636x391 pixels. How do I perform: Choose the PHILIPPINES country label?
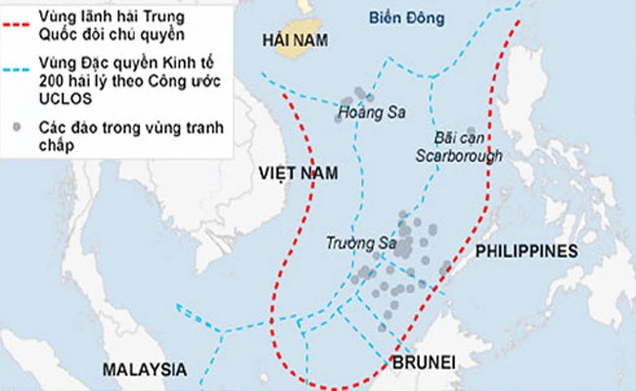[526, 251]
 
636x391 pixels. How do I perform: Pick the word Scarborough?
[458, 155]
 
